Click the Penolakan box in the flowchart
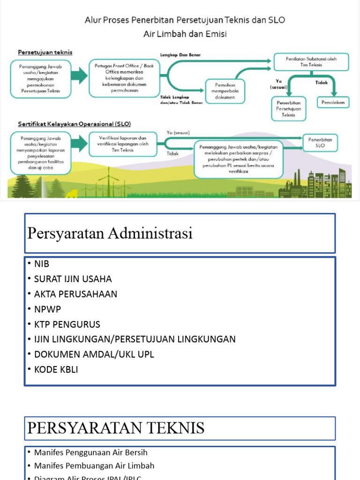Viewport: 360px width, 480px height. [x=333, y=103]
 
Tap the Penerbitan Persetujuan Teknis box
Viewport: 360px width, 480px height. [x=289, y=109]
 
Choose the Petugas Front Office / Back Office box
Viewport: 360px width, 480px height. [x=124, y=78]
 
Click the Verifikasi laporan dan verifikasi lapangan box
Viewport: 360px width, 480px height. [x=122, y=144]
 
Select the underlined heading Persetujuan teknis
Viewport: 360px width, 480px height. [x=45, y=52]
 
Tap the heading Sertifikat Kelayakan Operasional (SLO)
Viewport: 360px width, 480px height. [x=74, y=124]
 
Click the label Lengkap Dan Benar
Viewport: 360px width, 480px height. [x=180, y=55]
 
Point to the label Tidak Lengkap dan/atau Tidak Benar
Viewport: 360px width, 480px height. [x=181, y=100]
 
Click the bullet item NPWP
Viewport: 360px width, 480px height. [x=47, y=309]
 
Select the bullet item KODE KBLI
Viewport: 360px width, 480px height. [x=56, y=370]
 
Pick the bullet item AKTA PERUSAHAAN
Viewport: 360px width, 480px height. [x=75, y=294]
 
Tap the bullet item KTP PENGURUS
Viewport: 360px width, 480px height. [x=67, y=324]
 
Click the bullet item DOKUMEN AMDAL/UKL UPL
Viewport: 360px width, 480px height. [x=94, y=354]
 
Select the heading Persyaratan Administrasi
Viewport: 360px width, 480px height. [x=110, y=233]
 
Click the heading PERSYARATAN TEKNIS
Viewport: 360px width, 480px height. [x=116, y=428]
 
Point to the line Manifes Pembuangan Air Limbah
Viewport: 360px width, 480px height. [x=94, y=466]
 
